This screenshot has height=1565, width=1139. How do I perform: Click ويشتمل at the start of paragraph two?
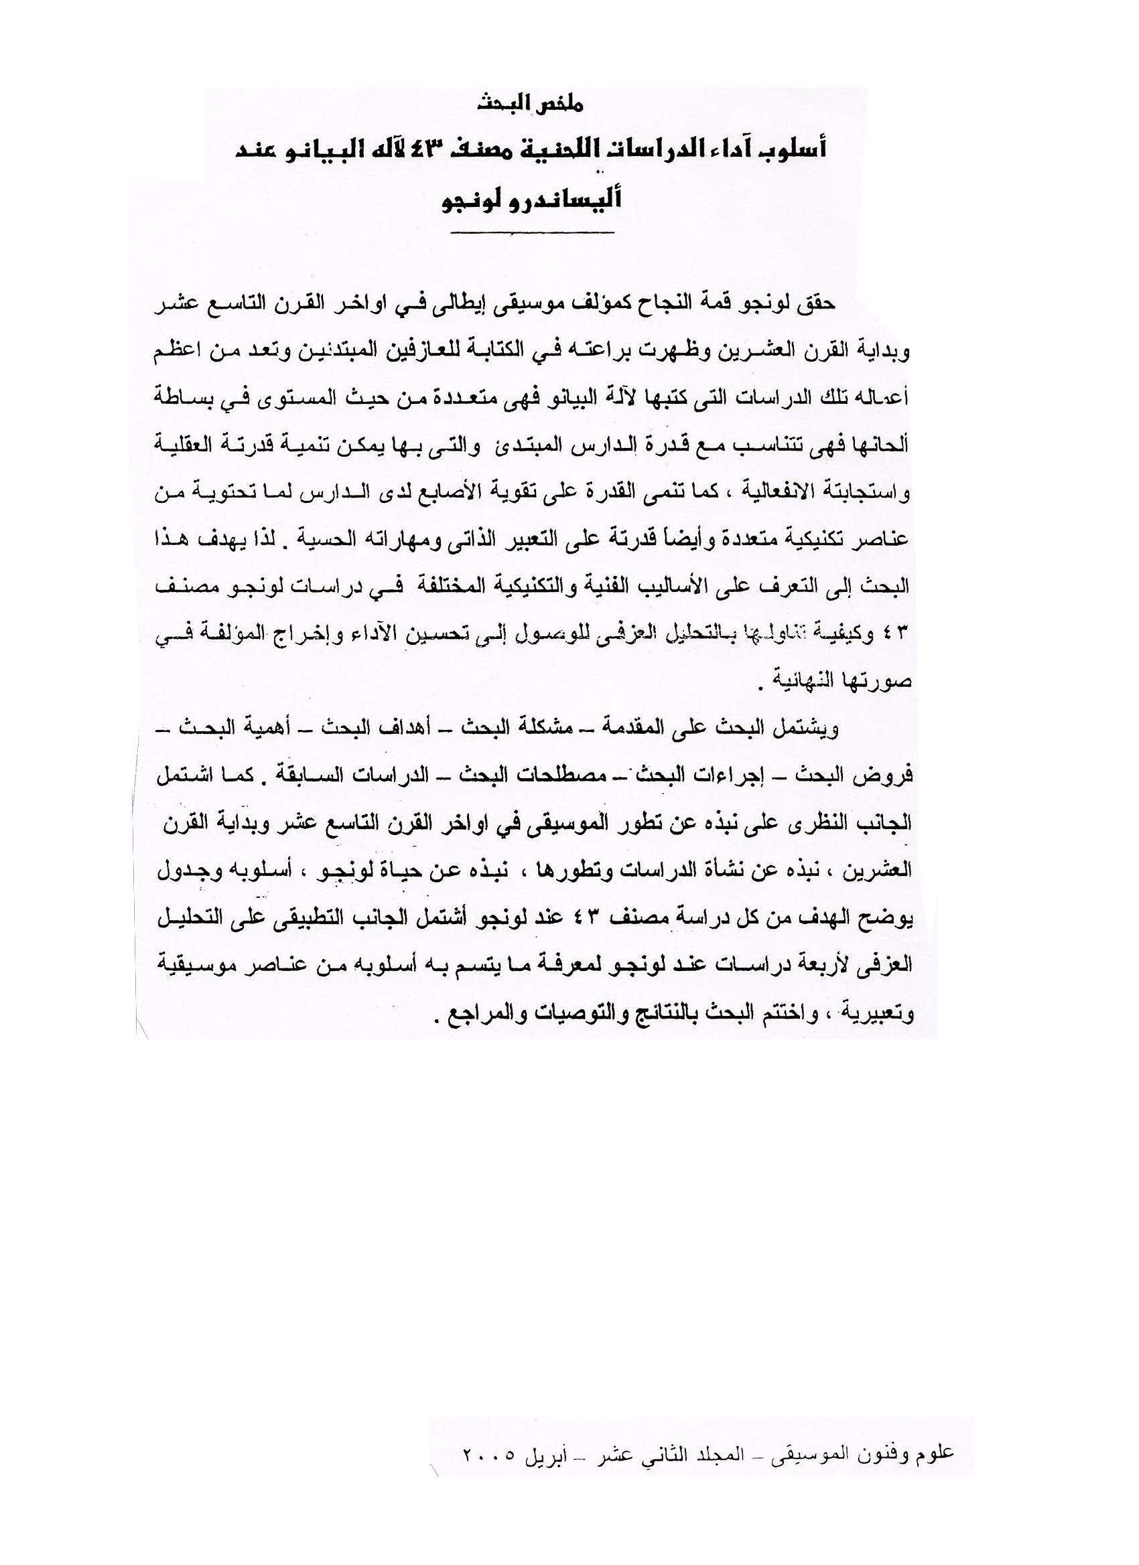(809, 729)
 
